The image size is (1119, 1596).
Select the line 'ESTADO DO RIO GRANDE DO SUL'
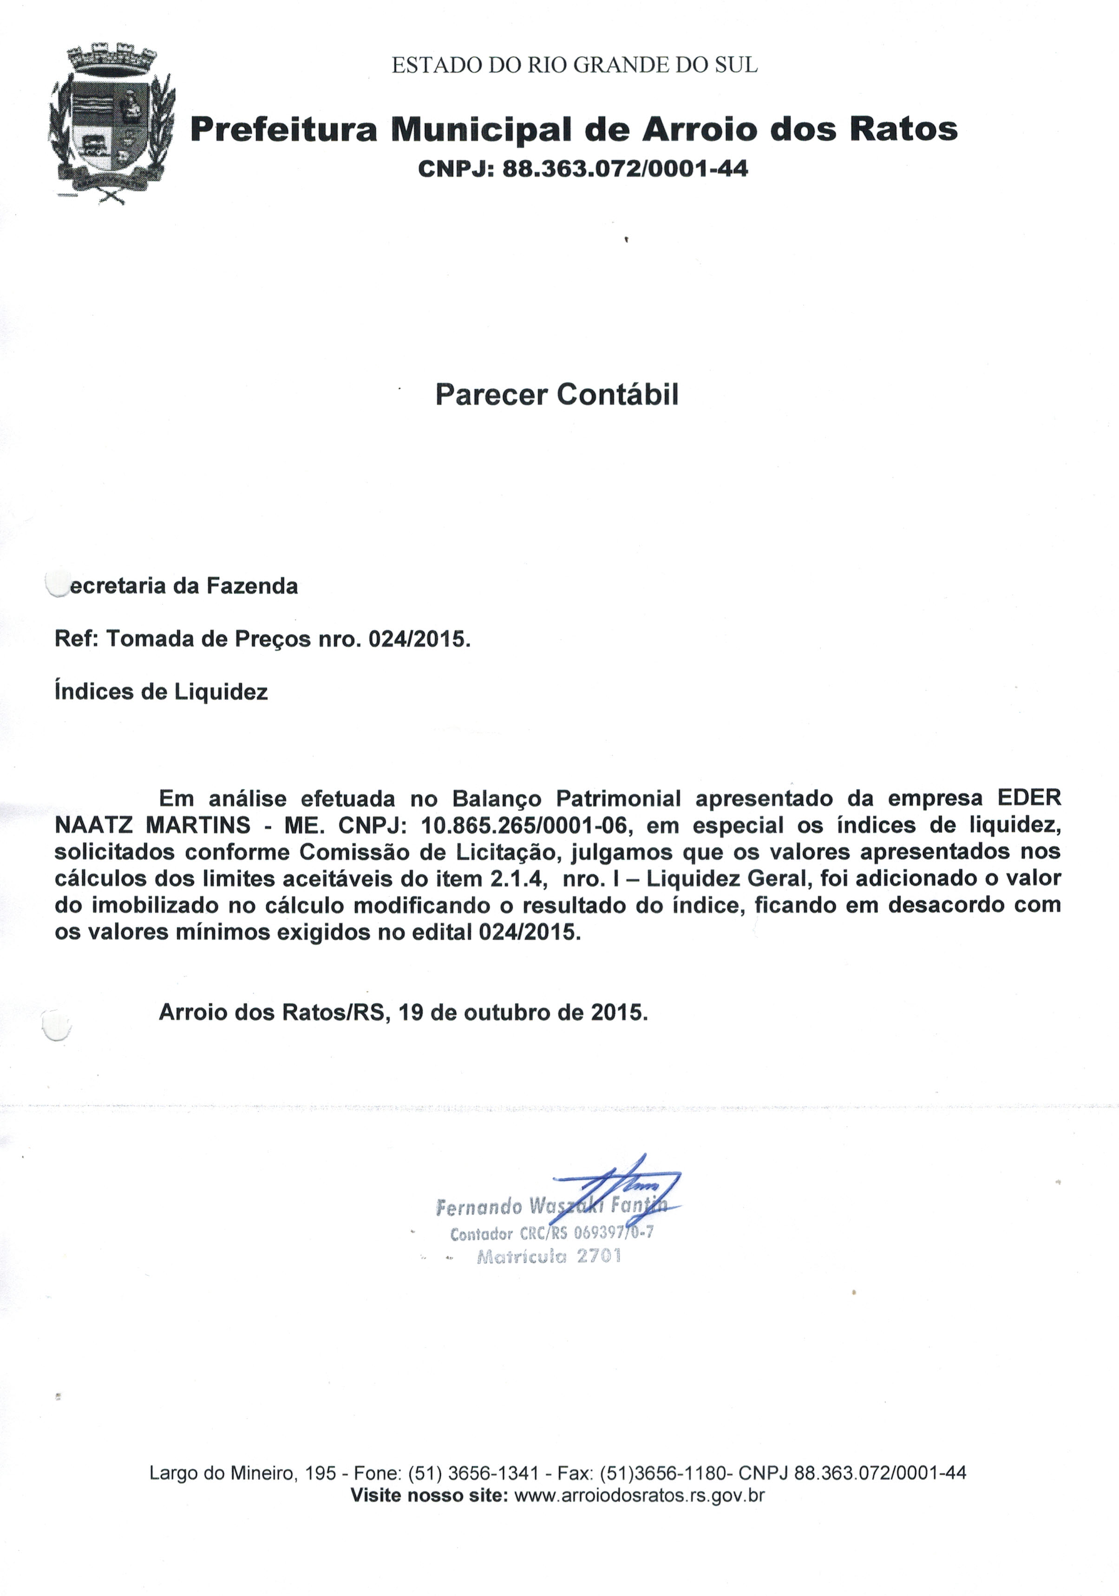point(574,65)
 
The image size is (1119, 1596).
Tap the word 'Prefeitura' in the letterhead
point(283,129)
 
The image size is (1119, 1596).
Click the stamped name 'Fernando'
point(479,1207)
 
